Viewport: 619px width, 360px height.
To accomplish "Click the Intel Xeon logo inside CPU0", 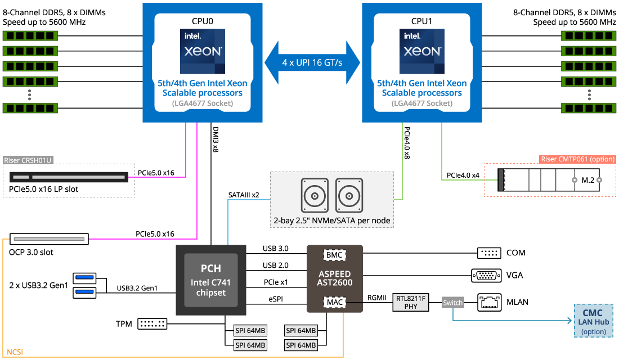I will [203, 51].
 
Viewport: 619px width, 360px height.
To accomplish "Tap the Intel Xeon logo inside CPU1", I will [422, 51].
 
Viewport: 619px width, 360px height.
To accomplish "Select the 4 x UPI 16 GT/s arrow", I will [312, 62].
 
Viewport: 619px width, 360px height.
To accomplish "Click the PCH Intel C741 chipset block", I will [211, 280].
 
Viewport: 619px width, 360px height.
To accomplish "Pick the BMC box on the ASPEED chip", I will [335, 255].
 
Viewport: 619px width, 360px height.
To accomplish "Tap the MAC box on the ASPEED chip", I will [335, 303].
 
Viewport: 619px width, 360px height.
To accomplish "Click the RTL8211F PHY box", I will [411, 303].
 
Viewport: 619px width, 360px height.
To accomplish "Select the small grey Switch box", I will [452, 303].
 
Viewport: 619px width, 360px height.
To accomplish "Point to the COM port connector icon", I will [488, 253].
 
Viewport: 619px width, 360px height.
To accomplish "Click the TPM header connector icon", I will [152, 323].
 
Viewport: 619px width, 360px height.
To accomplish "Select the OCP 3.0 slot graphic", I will [50, 240].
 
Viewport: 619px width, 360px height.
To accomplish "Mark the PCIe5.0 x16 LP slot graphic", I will [70, 177].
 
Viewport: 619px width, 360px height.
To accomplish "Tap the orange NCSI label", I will [15, 353].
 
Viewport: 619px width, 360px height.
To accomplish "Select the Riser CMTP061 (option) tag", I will [577, 159].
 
